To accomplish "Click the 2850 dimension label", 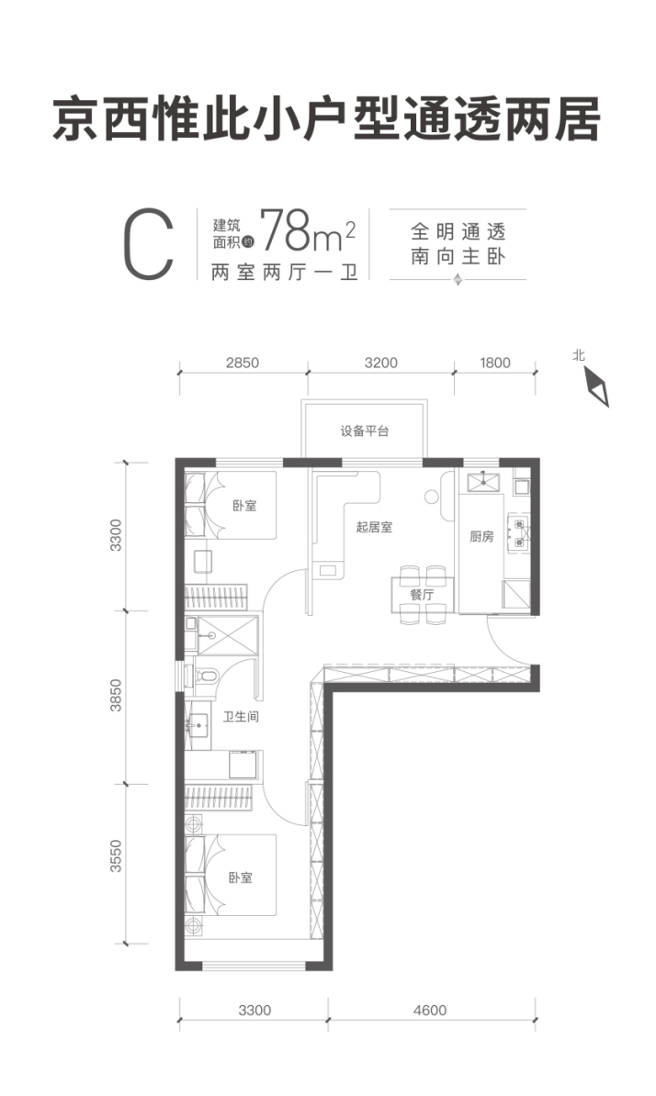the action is tap(243, 363).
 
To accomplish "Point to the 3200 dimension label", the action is tap(381, 363).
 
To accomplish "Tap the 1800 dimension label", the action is tap(495, 363).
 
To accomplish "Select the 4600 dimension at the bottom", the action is tap(429, 1010).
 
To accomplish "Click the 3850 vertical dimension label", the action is tap(116, 695).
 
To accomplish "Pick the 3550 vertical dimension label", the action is tap(116, 856).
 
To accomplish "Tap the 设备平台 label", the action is tap(365, 431).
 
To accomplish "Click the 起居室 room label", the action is tap(374, 527).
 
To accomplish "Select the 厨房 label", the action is tap(481, 536).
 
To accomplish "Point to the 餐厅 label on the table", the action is tap(423, 594).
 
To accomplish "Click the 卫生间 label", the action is tap(241, 717).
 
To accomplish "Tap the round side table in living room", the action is tap(431, 497).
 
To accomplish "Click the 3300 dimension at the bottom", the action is tap(254, 1010).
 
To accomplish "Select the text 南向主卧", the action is tap(458, 256).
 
